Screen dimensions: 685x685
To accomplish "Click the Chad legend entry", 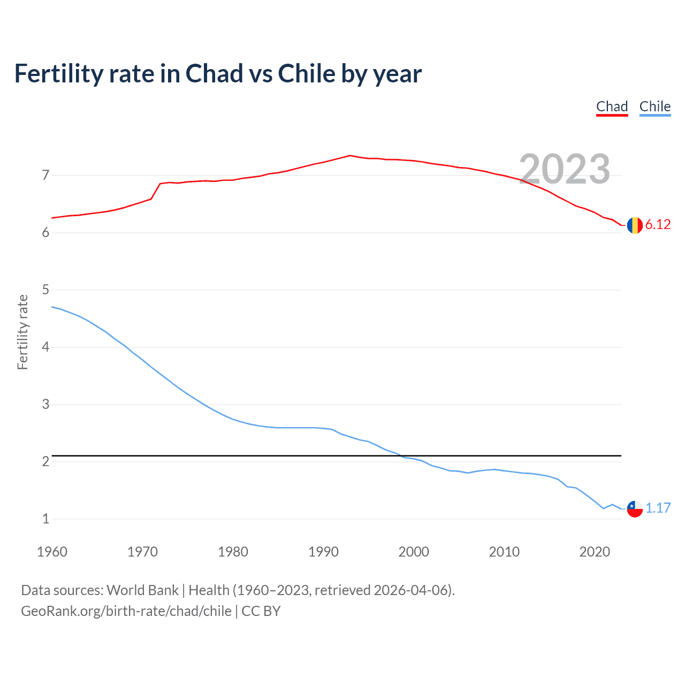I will pos(612,106).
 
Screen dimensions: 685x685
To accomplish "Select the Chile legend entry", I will pos(654,106).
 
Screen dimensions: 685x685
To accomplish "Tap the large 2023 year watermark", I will pos(565,169).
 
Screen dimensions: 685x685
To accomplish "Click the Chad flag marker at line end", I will pos(635,225).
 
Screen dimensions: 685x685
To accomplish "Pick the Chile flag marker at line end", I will pos(635,509).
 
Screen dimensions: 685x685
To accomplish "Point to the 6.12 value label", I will pos(658,225).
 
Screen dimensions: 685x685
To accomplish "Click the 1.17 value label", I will pos(658,508).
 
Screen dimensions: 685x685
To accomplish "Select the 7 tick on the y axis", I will pos(45,175).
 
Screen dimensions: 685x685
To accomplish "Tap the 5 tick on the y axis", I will pos(45,290).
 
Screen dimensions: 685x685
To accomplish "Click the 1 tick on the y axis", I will pos(45,519).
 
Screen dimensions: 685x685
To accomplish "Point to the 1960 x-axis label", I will pos(52,552).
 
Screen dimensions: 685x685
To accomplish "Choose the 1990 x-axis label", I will pos(323,552).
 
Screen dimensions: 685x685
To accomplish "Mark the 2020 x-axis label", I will pos(595,552).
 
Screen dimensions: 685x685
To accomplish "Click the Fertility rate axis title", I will pos(22,332).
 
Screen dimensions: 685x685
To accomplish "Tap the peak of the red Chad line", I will pos(350,155).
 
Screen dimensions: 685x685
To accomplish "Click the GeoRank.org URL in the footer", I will pos(126,611).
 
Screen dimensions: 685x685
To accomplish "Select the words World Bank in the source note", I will pos(142,590).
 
